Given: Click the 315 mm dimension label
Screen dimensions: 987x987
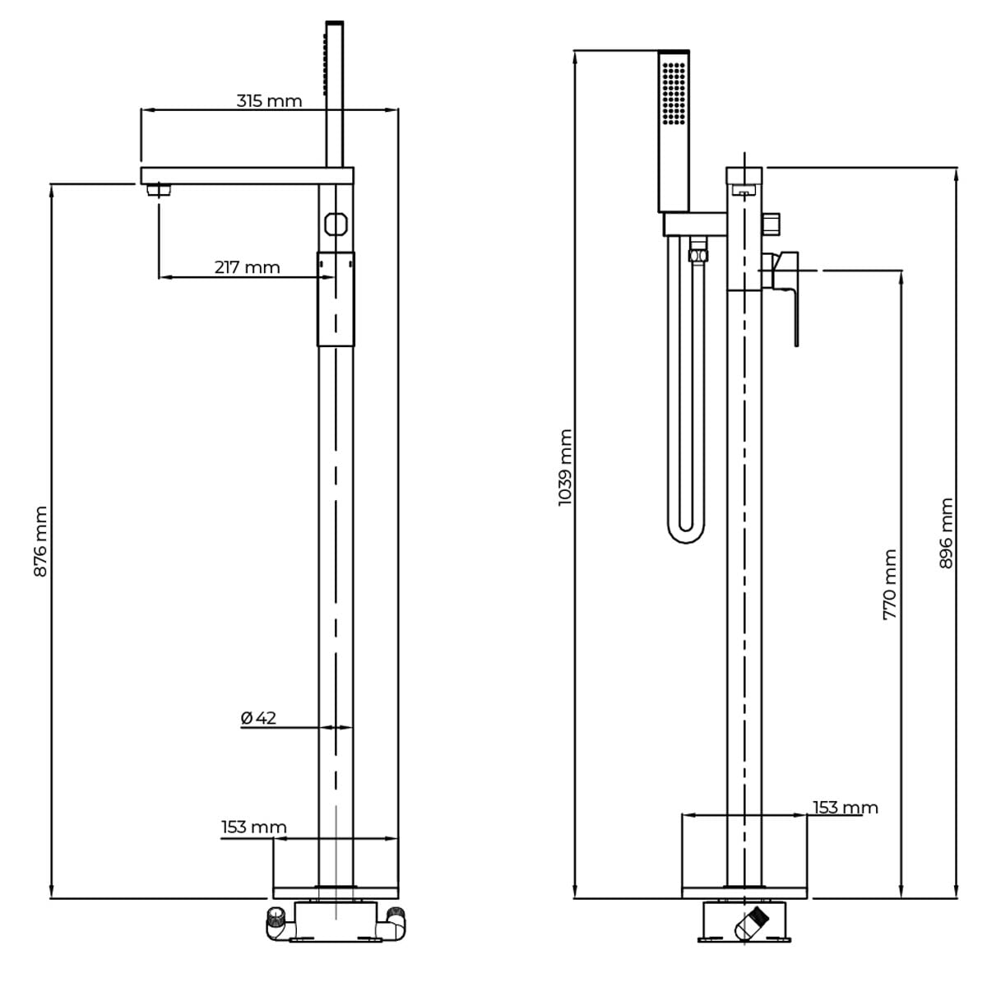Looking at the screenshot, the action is point(269,101).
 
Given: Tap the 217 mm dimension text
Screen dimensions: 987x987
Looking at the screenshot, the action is point(247,267).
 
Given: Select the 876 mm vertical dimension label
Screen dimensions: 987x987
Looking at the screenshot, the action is point(40,541).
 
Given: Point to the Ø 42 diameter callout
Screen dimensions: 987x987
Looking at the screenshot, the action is point(258,718).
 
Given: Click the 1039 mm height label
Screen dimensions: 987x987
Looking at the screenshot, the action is point(565,468).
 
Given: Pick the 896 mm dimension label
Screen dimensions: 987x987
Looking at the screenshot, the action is point(946,533).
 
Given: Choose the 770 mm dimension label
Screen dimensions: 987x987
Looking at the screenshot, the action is point(890,585).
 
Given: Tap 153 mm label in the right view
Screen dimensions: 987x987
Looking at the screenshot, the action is point(846,808).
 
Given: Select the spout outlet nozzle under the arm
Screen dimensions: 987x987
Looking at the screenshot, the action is point(158,190).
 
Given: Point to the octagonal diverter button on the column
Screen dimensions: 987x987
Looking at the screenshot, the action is point(336,224).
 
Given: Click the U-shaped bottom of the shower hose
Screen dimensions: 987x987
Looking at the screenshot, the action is point(686,533).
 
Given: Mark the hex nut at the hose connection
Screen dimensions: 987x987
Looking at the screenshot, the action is point(697,255).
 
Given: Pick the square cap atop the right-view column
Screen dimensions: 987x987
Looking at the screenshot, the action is point(744,175).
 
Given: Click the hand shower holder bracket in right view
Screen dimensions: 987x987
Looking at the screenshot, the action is point(695,225).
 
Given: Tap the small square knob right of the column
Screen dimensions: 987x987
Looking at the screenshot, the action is point(772,225).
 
